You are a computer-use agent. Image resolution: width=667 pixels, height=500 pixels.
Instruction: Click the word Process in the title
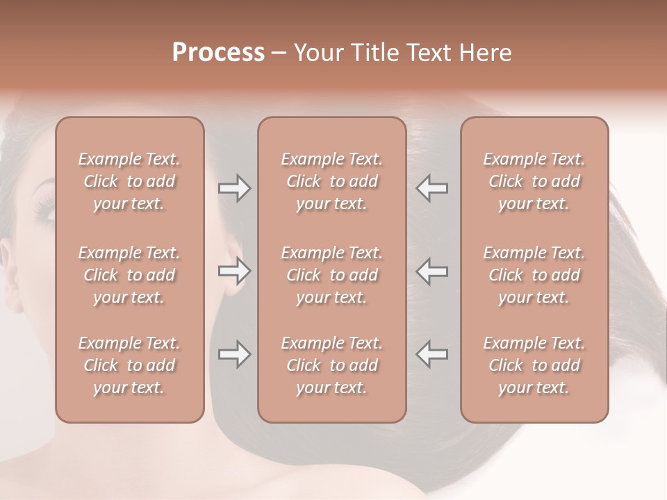[x=218, y=53]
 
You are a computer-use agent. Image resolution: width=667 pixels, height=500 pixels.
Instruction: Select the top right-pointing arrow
[x=235, y=188]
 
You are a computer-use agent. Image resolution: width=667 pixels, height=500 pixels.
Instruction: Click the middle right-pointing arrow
[x=235, y=272]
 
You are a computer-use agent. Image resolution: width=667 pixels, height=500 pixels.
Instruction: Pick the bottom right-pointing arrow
[x=235, y=354]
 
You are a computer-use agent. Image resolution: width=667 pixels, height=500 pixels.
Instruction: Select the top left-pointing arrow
[x=432, y=188]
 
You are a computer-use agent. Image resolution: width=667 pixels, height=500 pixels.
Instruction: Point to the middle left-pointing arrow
[x=432, y=272]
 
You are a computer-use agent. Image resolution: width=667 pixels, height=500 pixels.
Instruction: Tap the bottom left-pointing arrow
[x=432, y=354]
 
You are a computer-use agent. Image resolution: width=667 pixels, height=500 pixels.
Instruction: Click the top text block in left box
[x=129, y=181]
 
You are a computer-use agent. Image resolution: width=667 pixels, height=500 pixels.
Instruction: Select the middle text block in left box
[x=129, y=275]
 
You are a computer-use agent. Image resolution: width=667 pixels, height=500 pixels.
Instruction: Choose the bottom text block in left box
[x=129, y=365]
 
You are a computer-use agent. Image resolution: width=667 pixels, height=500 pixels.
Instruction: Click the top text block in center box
[x=332, y=181]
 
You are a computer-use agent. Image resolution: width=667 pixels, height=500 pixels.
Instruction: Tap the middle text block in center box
[x=332, y=275]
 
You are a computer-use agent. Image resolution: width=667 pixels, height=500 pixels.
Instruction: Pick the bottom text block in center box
[x=332, y=365]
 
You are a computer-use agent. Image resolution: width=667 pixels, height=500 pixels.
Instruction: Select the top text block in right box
[x=534, y=181]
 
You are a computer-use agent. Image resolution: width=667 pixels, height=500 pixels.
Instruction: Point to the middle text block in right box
[x=534, y=275]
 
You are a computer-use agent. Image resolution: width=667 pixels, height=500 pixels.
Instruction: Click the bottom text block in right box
[x=534, y=365]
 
